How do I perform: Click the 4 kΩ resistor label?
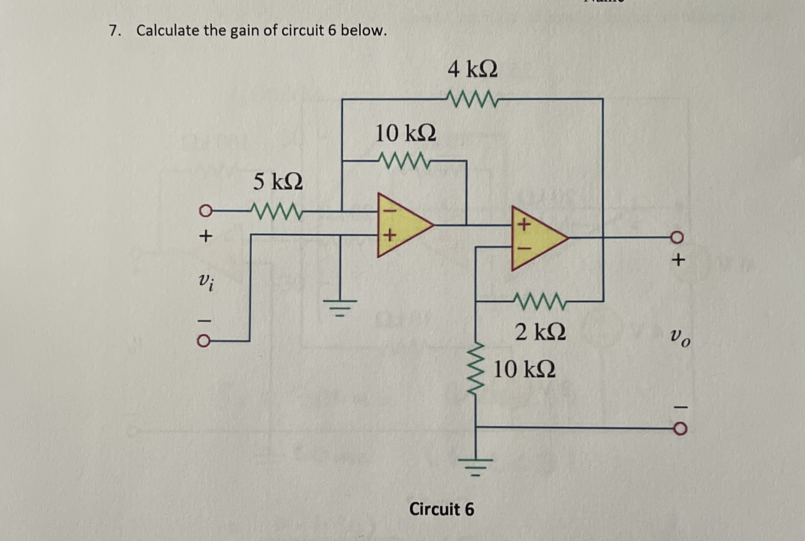pos(472,70)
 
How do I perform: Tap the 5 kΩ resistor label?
pos(278,182)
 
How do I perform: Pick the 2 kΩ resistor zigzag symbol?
pos(540,301)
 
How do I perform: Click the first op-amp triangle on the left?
pos(402,225)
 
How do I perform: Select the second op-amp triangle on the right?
pos(536,238)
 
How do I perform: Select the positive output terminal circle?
pos(677,237)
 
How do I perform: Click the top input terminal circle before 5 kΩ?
pos(205,210)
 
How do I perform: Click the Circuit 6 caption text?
pos(441,509)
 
